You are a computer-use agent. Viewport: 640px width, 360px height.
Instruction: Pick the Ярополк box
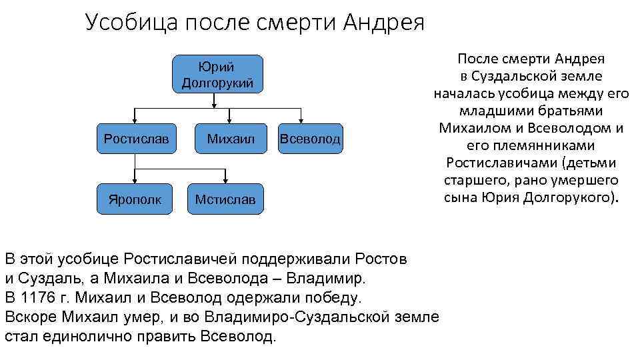click(135, 199)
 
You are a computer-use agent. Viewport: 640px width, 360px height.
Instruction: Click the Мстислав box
click(225, 199)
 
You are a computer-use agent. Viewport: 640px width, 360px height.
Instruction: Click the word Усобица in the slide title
click(130, 24)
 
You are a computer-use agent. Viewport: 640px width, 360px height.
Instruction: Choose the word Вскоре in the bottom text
click(28, 316)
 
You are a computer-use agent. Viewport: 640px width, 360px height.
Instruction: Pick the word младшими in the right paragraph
click(497, 111)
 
